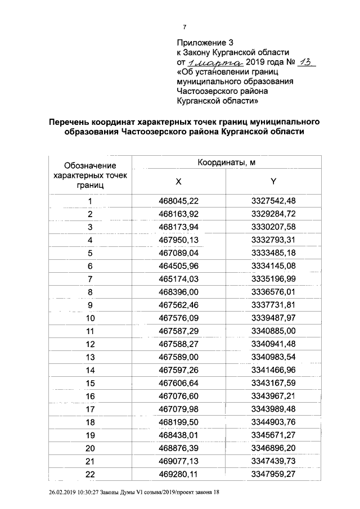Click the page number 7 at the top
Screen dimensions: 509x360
coord(184,26)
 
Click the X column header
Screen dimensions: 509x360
coord(178,181)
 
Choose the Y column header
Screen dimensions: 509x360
coord(273,181)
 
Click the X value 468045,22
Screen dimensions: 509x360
coord(179,201)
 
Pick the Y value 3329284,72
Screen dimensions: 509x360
coord(273,214)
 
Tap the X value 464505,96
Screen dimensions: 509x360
coord(179,266)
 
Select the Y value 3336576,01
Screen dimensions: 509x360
coord(273,292)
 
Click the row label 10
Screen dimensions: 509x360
coord(90,319)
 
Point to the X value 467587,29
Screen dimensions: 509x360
coord(179,331)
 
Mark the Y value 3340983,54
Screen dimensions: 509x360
coord(273,357)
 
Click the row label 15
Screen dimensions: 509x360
coord(90,384)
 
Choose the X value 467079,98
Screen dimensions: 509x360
coord(179,409)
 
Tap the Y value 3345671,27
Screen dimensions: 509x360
coord(273,435)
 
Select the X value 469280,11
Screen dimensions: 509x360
coord(179,474)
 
